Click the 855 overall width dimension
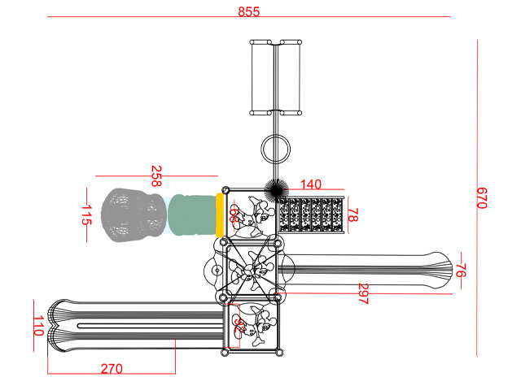tap(249, 11)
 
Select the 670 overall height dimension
tap(481, 197)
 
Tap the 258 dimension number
tap(156, 171)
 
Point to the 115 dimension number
tap(86, 215)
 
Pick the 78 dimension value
tap(353, 215)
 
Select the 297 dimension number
tap(363, 294)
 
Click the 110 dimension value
tap(38, 327)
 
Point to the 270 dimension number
tap(112, 368)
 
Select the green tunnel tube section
tap(192, 214)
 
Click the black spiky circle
tap(274, 189)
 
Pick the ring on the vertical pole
tap(276, 149)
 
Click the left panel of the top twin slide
tap(261, 76)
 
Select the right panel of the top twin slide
tap(291, 76)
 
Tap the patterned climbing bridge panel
tap(313, 215)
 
